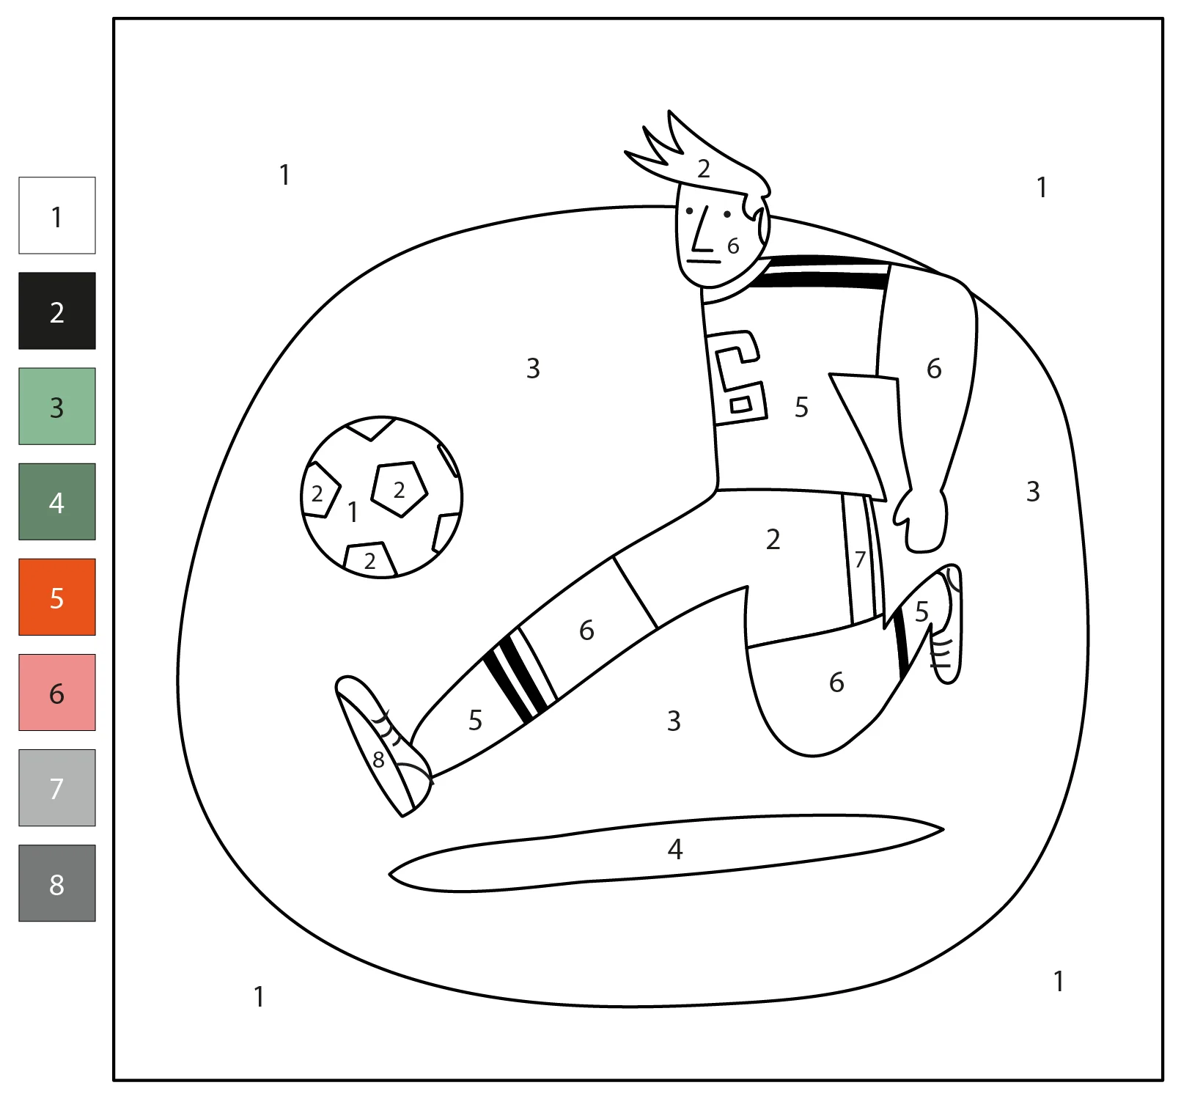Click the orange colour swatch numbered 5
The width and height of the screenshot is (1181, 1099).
[x=57, y=597]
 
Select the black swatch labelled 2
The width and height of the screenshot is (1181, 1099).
[x=57, y=311]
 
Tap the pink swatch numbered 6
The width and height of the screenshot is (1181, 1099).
[x=57, y=692]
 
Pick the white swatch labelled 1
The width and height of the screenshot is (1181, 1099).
[x=57, y=216]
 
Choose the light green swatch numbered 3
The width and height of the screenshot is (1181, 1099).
[x=57, y=406]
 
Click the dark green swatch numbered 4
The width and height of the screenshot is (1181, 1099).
[x=57, y=501]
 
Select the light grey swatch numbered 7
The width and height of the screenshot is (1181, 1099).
[x=57, y=787]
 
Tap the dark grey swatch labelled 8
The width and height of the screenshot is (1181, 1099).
[x=57, y=883]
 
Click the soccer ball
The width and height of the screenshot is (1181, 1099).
[x=381, y=497]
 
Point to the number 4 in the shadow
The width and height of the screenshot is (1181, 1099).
[x=675, y=849]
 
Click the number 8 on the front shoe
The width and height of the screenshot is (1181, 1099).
[x=378, y=760]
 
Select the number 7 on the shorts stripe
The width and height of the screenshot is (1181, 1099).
[x=861, y=559]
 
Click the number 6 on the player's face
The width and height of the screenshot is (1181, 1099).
[x=733, y=246]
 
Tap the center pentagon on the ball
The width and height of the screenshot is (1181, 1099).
[x=399, y=489]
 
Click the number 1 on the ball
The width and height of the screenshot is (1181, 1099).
[x=353, y=512]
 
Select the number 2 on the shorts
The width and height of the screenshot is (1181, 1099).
[x=773, y=540]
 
